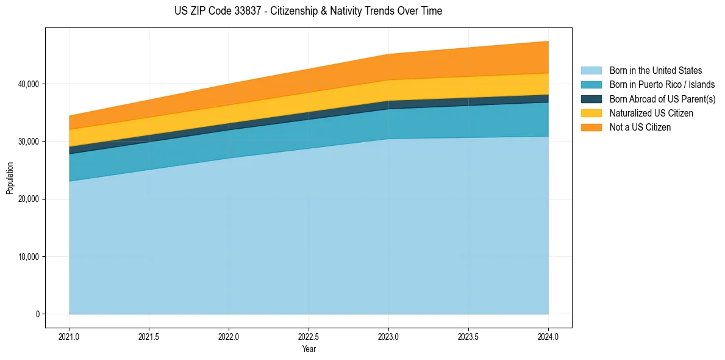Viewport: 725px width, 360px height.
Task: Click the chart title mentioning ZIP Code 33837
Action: coord(308,11)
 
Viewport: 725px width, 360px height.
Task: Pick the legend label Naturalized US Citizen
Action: coord(651,113)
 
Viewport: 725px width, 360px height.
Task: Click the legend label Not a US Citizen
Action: coord(640,128)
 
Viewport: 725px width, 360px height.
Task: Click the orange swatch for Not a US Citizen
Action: coord(591,128)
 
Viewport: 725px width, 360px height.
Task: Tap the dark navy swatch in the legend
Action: coord(591,99)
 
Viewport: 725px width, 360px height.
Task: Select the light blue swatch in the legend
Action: coord(591,71)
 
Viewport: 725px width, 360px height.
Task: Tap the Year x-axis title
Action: coord(309,349)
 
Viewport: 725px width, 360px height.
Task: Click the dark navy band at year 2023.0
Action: coord(388,105)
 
